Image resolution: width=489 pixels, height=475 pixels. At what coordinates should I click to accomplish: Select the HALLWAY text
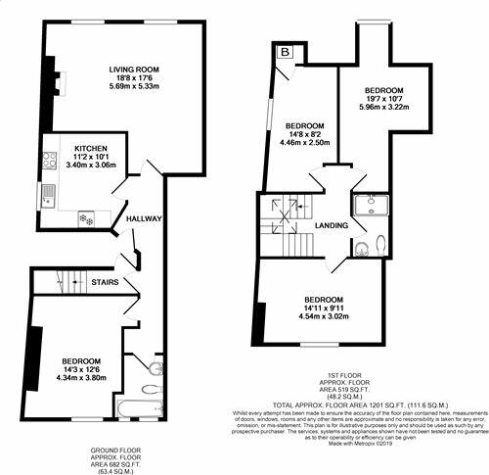tap(144, 218)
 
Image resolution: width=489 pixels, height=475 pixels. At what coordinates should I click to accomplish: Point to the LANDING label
tap(332, 225)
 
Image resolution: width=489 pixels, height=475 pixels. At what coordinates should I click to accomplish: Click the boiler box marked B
tap(285, 51)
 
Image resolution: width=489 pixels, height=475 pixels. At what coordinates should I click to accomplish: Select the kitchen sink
tap(44, 202)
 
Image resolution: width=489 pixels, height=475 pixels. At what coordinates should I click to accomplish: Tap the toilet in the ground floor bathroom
tap(156, 369)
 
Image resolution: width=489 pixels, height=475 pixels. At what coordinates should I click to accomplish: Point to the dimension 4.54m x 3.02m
tap(322, 317)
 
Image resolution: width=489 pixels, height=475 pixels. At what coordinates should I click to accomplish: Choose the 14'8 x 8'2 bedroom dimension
tap(304, 136)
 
